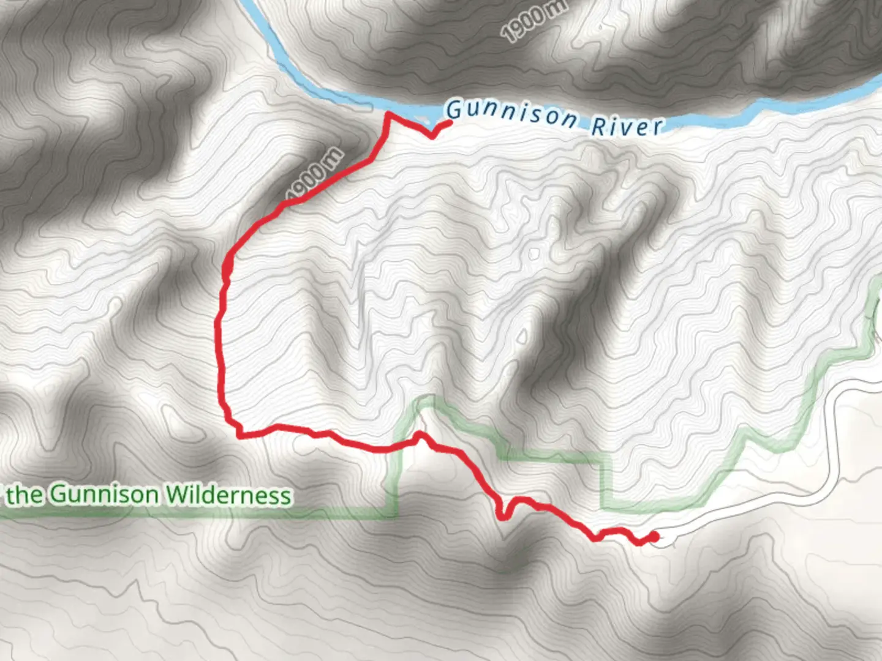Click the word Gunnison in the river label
pos(511,113)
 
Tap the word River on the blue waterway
pos(627,126)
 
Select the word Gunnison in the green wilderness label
pos(104,494)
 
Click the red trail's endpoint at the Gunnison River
pos(450,123)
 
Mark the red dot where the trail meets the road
pos(654,537)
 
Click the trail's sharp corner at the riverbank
pos(387,114)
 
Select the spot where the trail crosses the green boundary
pos(404,445)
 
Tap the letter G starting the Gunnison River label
pos(454,110)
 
